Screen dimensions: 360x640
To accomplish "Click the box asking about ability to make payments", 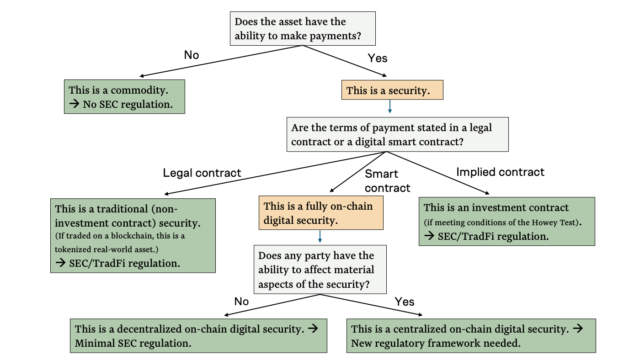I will [302, 28].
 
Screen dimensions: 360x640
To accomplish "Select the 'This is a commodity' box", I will [124, 97].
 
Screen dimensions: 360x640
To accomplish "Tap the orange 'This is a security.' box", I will [392, 90].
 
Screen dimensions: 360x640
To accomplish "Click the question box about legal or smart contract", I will [397, 134].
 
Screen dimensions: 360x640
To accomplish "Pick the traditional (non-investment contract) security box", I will [133, 235].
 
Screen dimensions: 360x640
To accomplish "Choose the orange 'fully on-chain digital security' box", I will [320, 213].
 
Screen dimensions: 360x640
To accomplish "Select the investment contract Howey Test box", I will [507, 222].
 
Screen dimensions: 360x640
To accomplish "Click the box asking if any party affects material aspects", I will [320, 270].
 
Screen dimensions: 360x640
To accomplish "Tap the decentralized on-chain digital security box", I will [198, 336].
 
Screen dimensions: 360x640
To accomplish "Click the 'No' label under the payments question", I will [192, 55].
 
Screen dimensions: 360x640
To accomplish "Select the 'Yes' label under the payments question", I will [377, 58].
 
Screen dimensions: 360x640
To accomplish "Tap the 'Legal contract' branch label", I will [202, 173].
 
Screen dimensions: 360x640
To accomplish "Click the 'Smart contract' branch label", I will [387, 181].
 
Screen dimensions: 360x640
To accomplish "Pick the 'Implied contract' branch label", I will [500, 172].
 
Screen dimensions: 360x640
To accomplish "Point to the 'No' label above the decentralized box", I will [241, 302].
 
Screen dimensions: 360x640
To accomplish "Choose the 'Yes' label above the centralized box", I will [405, 302].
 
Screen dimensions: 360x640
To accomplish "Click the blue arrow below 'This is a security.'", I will [389, 106].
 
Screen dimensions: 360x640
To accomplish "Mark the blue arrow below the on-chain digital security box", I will [320, 236].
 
